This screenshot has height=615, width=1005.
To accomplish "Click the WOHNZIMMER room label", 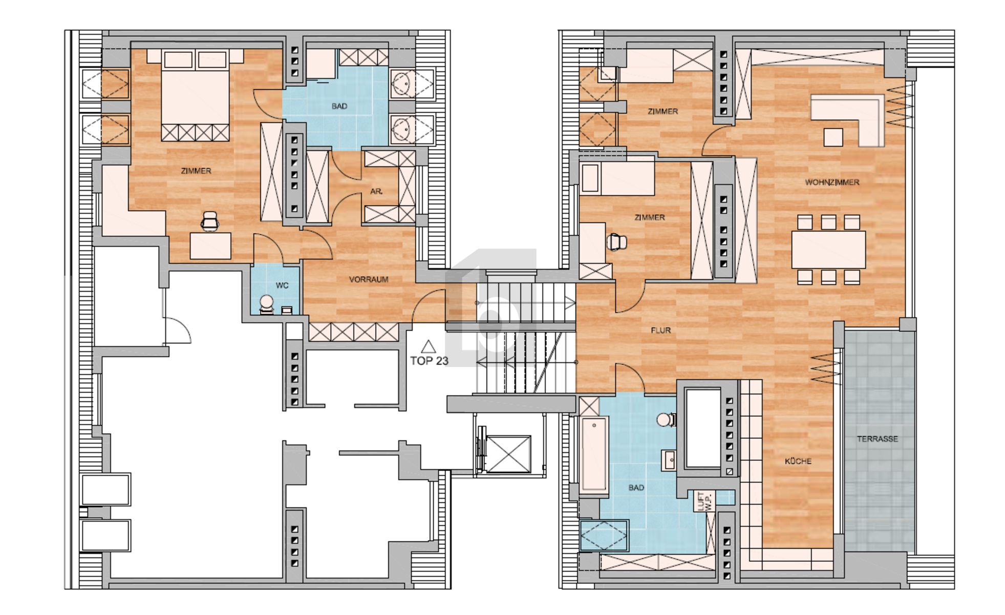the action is (832, 182).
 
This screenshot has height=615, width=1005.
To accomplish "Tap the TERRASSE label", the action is (878, 439).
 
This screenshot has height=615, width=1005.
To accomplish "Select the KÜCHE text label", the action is (798, 461).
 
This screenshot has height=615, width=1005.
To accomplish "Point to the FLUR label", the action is (660, 331).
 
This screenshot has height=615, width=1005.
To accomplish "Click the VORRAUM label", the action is (369, 280).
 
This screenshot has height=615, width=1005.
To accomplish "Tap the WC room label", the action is (282, 285).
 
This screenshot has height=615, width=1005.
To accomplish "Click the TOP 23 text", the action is (429, 361).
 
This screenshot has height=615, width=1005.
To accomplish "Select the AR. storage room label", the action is (376, 192).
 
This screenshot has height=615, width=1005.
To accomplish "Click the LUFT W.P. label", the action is (704, 501).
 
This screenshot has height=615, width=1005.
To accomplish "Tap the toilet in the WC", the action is (267, 304).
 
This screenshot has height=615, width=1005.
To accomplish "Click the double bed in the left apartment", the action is (195, 95).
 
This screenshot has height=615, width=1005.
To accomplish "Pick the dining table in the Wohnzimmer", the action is (828, 250).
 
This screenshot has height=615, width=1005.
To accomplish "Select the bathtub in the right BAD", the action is (594, 454).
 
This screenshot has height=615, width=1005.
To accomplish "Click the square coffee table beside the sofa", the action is (833, 137).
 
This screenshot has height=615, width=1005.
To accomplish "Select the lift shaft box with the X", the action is (508, 454).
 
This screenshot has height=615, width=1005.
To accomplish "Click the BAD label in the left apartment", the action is (339, 107).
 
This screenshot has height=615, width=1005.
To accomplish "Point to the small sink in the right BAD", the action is (669, 460).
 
